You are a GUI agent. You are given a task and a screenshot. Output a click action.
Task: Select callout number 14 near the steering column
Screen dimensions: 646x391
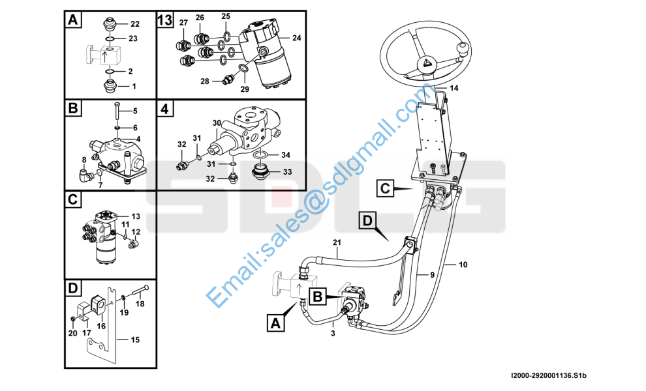454,88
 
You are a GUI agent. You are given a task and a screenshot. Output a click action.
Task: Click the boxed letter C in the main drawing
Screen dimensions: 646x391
385,188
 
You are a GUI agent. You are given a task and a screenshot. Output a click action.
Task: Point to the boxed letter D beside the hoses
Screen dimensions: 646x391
367,221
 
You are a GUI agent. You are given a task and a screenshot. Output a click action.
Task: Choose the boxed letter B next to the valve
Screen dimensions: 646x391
318,297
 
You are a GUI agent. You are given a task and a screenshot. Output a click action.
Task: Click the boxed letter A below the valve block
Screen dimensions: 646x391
275,323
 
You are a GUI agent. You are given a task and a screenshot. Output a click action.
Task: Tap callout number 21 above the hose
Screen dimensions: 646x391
337,243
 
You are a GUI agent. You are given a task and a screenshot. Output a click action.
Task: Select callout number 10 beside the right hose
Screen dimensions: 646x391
463,265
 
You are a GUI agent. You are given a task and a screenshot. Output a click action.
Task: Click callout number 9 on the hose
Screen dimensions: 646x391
432,275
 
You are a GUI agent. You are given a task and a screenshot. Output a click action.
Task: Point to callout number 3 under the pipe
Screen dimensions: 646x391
333,334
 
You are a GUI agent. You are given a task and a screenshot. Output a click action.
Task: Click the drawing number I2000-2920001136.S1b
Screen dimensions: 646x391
548,376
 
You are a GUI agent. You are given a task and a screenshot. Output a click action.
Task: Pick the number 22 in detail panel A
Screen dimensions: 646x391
134,24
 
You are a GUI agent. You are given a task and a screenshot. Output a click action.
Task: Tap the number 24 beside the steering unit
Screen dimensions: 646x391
297,38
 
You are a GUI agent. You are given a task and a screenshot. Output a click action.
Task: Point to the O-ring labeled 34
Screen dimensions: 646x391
261,154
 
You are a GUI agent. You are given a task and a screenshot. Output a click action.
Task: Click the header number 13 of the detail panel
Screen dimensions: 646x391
165,20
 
